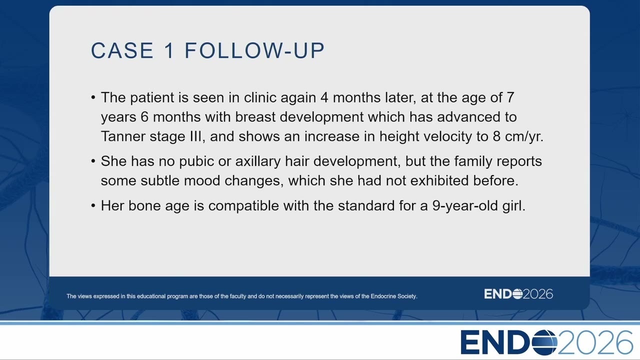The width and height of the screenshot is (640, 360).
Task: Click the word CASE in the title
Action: click(x=122, y=50)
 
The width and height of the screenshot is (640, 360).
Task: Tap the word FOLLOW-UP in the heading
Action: click(x=255, y=50)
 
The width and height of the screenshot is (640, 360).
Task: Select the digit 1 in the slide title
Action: click(x=169, y=50)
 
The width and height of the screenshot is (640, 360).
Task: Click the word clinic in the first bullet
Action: click(x=260, y=97)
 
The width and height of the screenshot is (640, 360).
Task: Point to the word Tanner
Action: click(x=123, y=136)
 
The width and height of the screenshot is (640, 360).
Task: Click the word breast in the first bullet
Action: click(x=255, y=117)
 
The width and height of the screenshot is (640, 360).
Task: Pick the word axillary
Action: click(x=258, y=161)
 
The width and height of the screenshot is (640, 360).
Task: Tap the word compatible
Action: click(x=243, y=206)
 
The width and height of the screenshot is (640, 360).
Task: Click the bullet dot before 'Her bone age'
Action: click(x=93, y=205)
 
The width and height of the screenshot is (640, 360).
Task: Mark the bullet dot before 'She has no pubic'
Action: click(x=93, y=161)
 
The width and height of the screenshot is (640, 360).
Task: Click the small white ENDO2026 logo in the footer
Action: click(x=518, y=294)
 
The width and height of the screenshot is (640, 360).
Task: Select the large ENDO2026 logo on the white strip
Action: click(x=546, y=342)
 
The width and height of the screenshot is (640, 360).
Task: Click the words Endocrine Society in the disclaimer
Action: click(x=393, y=296)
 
